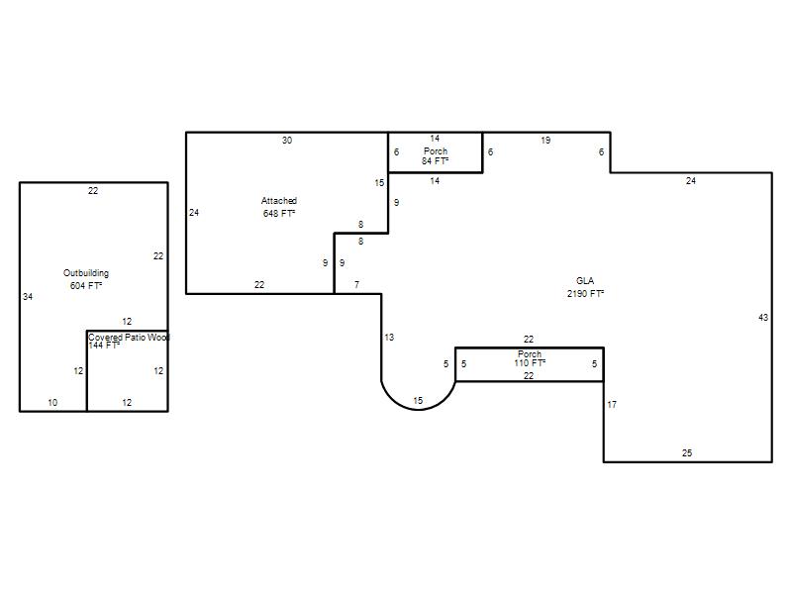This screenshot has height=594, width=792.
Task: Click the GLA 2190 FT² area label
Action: point(585,287)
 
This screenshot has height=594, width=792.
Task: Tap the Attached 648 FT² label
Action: point(279,207)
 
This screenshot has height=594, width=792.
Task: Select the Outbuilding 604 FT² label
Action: point(86,279)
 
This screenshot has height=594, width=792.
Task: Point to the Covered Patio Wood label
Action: point(129,337)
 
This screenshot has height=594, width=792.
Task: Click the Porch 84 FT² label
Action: point(436,155)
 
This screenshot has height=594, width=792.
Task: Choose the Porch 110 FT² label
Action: point(530,358)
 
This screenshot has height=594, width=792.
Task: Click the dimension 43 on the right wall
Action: point(763,317)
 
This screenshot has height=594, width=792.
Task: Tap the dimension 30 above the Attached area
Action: point(287,141)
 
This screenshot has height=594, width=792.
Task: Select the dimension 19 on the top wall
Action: point(545,141)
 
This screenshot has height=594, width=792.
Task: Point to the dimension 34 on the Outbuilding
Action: point(28,297)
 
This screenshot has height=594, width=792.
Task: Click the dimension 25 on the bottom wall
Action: point(687,453)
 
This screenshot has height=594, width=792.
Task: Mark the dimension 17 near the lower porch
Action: point(612,405)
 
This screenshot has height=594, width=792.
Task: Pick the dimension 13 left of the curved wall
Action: point(389,338)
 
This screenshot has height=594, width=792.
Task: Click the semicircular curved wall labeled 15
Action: point(418,410)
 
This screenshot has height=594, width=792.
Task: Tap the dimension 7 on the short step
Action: point(356,285)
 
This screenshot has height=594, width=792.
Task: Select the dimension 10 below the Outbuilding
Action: point(52,403)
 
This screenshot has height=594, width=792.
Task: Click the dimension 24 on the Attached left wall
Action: point(194,213)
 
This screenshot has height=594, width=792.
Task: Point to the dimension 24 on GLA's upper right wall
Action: point(691,181)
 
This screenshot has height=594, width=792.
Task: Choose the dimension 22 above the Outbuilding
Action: point(93,191)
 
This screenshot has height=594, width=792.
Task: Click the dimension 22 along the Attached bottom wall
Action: point(259,285)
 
